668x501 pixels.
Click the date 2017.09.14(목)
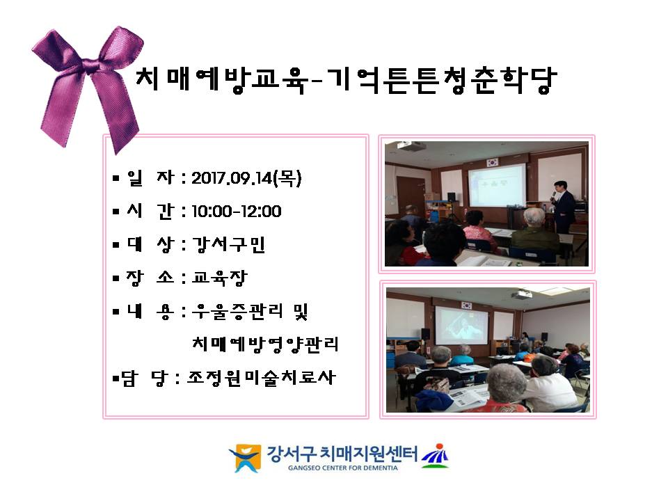[246, 178]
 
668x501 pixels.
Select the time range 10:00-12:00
[237, 212]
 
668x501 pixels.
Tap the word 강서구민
[229, 244]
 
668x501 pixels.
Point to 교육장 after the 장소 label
[219, 278]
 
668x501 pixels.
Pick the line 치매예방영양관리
[265, 344]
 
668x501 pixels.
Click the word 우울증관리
[237, 312]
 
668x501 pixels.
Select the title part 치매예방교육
[221, 79]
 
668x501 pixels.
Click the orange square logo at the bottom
[245, 458]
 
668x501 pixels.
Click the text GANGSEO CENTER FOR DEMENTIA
[343, 468]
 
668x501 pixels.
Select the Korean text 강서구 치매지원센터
[342, 454]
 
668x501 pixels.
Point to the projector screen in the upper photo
[497, 186]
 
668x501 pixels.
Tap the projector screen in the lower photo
[461, 325]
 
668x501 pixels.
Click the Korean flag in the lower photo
[467, 305]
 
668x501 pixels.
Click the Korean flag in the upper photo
[493, 162]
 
